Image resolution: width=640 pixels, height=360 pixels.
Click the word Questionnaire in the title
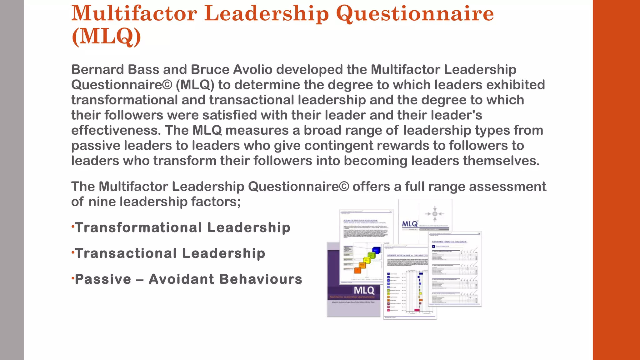[x=415, y=14]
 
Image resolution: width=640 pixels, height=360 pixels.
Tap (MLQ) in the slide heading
[x=106, y=37]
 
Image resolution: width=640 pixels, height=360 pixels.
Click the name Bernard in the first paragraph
[x=97, y=69]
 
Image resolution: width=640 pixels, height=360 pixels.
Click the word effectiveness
[x=116, y=130]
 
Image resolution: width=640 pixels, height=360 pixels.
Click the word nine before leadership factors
[x=102, y=202]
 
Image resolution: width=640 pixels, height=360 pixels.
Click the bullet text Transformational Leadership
[x=183, y=227]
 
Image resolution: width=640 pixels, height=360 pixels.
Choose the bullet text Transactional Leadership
[x=170, y=253]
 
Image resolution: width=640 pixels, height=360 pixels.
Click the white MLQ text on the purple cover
[x=364, y=290]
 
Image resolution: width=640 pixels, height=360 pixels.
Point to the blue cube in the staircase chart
[x=377, y=250]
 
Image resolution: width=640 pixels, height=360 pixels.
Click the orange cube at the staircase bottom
[x=358, y=270]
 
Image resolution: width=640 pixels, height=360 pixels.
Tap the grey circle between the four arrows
[x=435, y=214]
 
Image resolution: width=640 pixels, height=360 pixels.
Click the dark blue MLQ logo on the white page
[x=409, y=224]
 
